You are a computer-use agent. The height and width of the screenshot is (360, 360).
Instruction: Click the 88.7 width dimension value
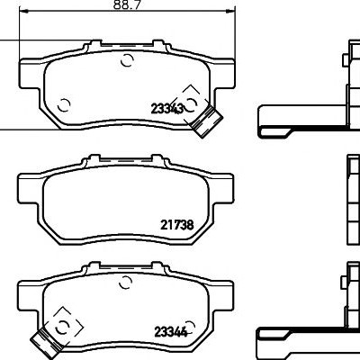pos(127,4)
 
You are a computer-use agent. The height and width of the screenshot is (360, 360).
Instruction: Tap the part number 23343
pos(167,108)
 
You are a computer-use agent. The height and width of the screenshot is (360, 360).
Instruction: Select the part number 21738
pos(177,225)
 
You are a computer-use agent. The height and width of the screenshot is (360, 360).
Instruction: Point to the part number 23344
pos(171,331)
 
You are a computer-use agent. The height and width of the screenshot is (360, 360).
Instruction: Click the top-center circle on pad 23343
pos(127,60)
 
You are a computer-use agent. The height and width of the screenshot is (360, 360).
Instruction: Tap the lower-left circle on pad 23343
pos(64,105)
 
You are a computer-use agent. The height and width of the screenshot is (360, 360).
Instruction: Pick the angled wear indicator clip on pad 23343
pos(207,121)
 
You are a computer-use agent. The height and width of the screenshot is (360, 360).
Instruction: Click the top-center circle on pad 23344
pos(126,283)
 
